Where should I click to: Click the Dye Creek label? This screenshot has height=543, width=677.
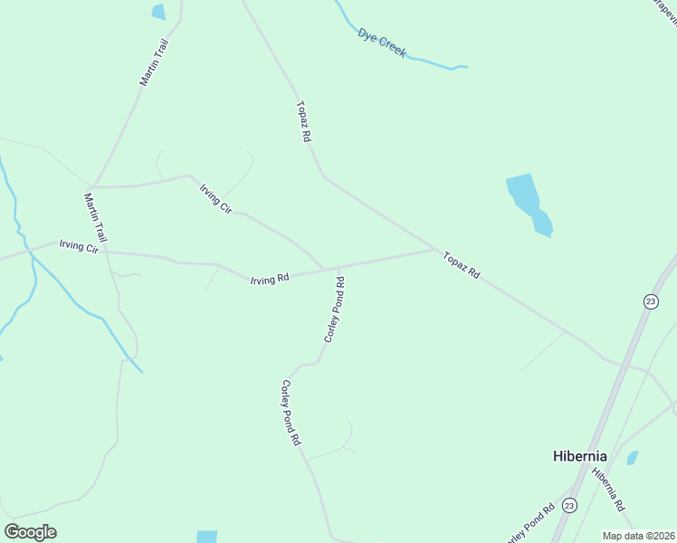381,43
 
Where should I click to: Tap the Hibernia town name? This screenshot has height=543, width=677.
579,456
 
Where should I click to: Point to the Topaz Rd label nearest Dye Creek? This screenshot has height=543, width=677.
303,121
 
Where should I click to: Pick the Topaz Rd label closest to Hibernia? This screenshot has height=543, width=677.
461,264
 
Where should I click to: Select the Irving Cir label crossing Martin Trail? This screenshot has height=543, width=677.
78,246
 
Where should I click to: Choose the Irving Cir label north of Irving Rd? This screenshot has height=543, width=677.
215,197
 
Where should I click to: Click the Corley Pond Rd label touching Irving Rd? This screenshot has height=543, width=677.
334,310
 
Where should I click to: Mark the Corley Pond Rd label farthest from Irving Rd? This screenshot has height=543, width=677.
290,413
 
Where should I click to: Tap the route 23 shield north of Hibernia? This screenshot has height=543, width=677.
650,301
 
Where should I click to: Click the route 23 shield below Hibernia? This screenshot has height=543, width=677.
568,505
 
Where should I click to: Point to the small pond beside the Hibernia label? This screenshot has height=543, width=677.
633,458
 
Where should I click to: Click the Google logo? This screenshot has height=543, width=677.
30,532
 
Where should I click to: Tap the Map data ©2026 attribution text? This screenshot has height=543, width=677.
638,536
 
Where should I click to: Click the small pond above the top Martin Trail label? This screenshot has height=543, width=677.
159,12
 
